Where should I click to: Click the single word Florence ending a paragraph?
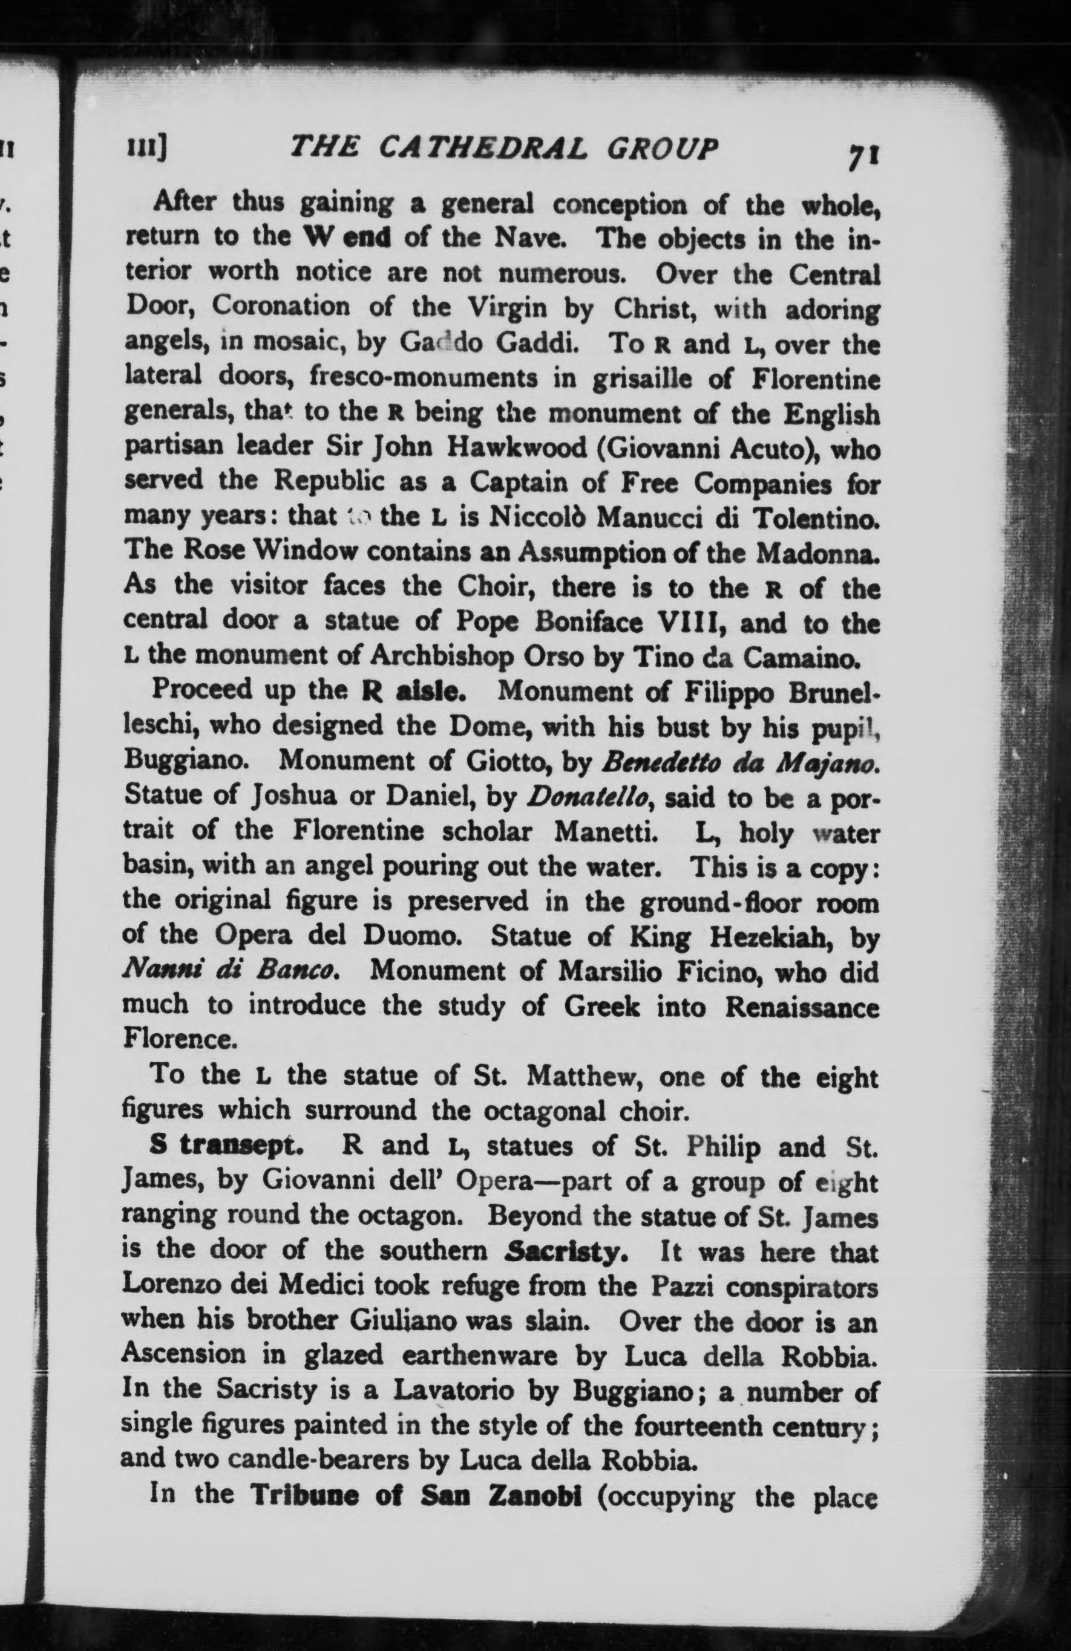180,1039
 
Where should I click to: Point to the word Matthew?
583,1076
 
